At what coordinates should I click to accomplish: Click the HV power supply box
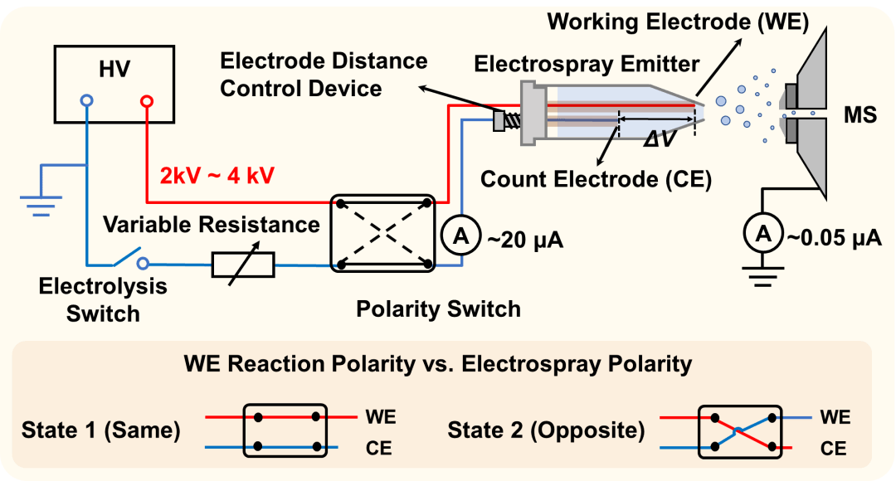tap(114, 81)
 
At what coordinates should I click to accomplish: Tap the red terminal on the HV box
tap(147, 101)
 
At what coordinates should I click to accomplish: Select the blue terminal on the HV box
tap(86, 101)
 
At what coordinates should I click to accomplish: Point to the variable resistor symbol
tap(243, 265)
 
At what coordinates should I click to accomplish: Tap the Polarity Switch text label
tap(438, 309)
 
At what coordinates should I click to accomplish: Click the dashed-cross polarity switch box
tap(382, 233)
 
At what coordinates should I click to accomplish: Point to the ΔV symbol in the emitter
tap(660, 138)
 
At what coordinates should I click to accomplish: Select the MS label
tap(858, 115)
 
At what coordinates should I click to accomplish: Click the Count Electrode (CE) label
tap(596, 179)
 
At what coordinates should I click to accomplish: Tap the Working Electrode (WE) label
tap(676, 22)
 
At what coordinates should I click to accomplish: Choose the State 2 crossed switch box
tap(740, 431)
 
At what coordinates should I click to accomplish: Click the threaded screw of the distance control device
tap(514, 121)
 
